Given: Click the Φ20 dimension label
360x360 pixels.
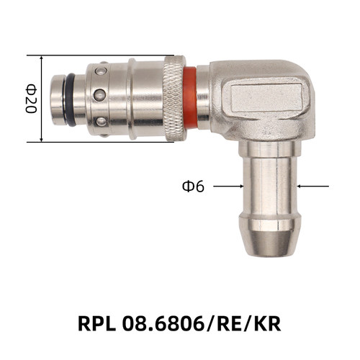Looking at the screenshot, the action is point(31,99).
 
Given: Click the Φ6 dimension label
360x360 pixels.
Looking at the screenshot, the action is point(193,186).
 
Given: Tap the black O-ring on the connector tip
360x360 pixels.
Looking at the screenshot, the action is point(71,99).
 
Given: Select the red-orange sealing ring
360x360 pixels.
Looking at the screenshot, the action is point(190,97).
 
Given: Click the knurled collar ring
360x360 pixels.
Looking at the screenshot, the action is point(174,98).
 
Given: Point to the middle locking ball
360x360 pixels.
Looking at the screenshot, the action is point(100,95).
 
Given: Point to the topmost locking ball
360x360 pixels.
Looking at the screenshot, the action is point(101,71).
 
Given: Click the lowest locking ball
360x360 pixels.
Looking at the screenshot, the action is point(102,122).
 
